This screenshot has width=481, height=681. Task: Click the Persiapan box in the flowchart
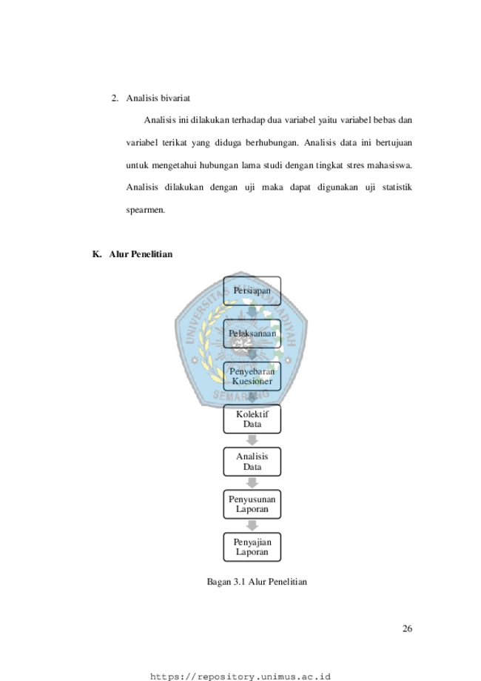252,290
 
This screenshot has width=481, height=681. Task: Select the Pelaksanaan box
252,333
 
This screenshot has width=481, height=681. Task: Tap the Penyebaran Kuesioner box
252,376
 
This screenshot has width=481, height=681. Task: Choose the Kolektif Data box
252,419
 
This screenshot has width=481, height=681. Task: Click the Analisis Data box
252,462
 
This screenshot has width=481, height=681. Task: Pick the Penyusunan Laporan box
252,504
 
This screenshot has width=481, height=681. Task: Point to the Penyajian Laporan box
252,547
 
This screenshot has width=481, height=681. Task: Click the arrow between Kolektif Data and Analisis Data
252,440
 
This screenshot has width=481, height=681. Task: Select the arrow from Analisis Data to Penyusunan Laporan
252,483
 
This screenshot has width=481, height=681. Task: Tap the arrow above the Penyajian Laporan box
252,526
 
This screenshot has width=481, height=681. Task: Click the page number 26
407,628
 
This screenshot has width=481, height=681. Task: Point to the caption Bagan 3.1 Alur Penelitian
257,582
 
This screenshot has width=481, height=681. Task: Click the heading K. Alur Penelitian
132,254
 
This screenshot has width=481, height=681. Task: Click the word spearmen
146,210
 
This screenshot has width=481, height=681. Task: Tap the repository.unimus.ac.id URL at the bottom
240,677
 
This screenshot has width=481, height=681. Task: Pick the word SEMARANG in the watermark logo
241,395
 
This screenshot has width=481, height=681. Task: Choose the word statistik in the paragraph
397,187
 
